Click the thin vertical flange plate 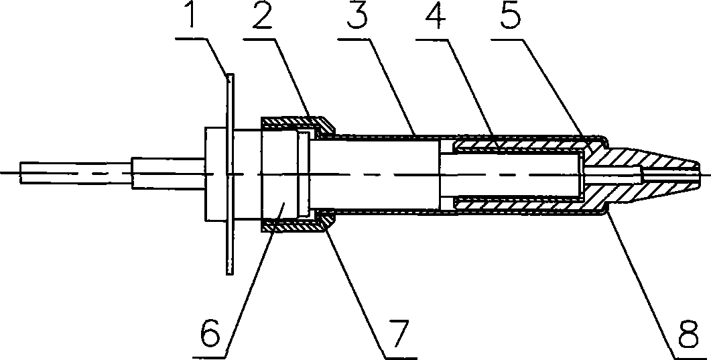tap(230, 174)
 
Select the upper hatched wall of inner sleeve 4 tap(516, 143)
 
